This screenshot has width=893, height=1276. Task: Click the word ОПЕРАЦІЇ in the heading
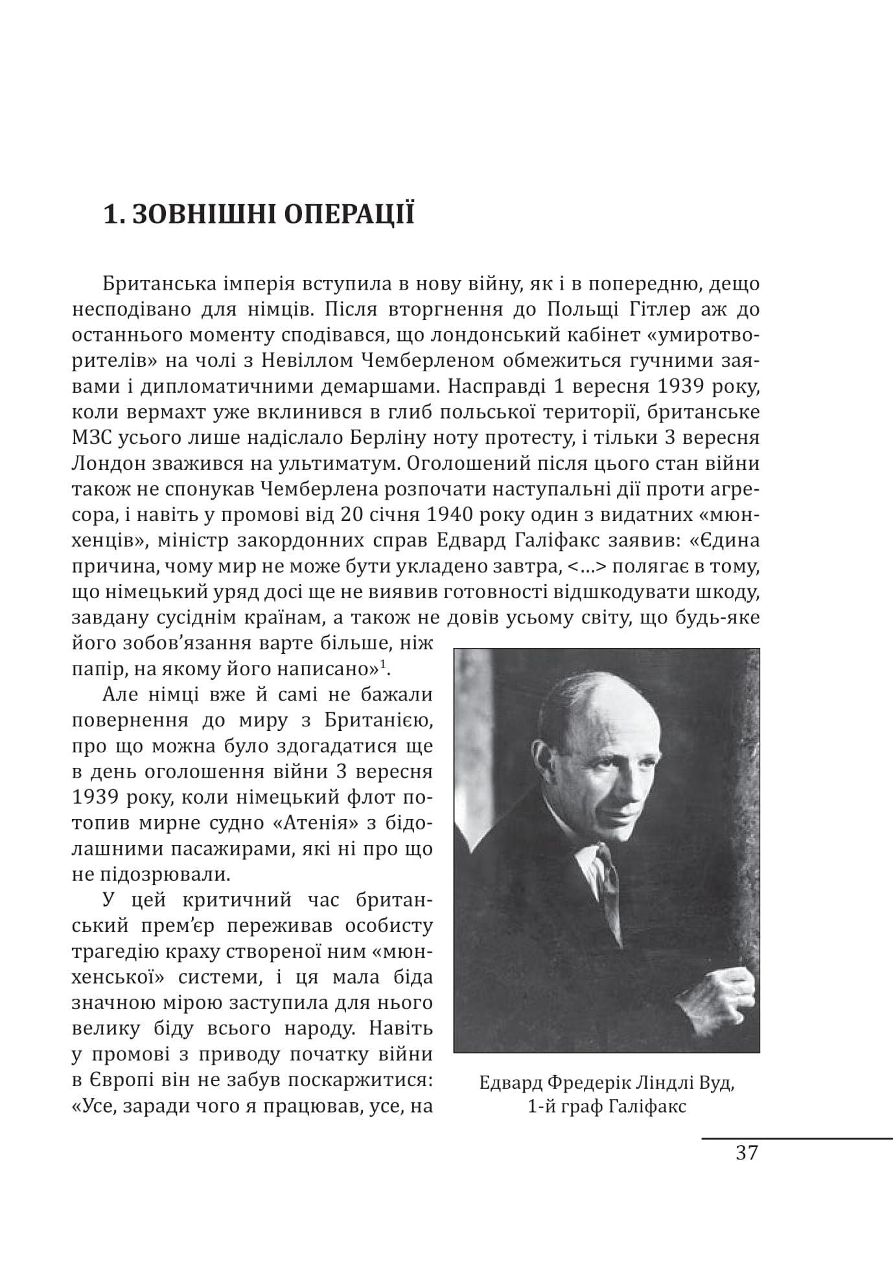(x=349, y=214)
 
